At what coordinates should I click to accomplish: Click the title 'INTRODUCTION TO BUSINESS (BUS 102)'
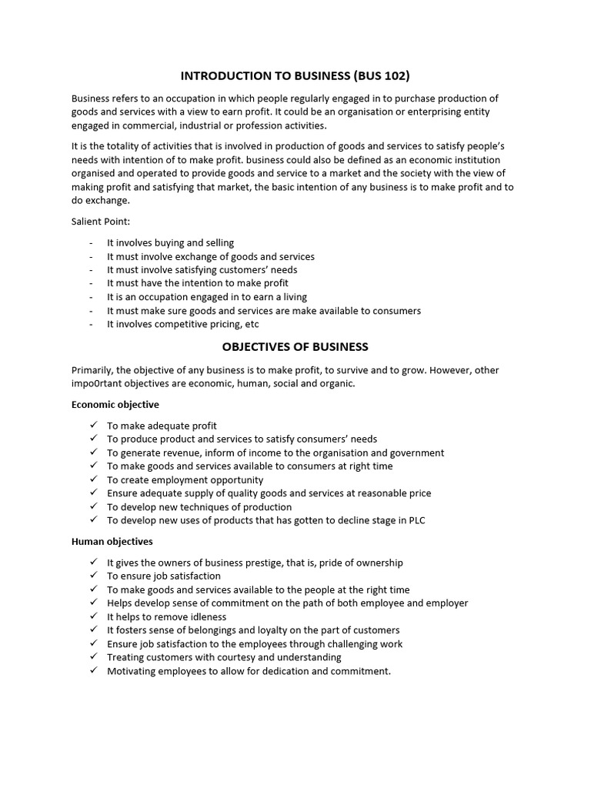(295, 75)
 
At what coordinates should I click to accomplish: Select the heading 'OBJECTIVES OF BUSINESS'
(295, 346)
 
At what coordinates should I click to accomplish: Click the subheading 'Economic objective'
(115, 404)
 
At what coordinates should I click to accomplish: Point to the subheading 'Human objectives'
(112, 541)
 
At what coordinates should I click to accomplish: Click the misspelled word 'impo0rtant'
(97, 384)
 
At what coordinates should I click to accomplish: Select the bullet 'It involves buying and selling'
(170, 242)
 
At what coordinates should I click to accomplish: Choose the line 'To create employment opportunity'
(185, 479)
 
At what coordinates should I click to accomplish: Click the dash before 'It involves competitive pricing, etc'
(91, 324)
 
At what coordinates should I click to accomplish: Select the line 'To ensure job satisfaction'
(163, 576)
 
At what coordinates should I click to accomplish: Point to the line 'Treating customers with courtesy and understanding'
(224, 657)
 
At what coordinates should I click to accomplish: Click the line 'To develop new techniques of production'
(199, 507)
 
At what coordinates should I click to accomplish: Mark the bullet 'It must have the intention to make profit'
(198, 283)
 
